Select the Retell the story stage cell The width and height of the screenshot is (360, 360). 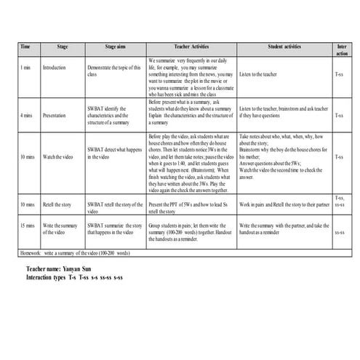[60, 204]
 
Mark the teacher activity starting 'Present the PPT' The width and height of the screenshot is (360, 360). [190, 204]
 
